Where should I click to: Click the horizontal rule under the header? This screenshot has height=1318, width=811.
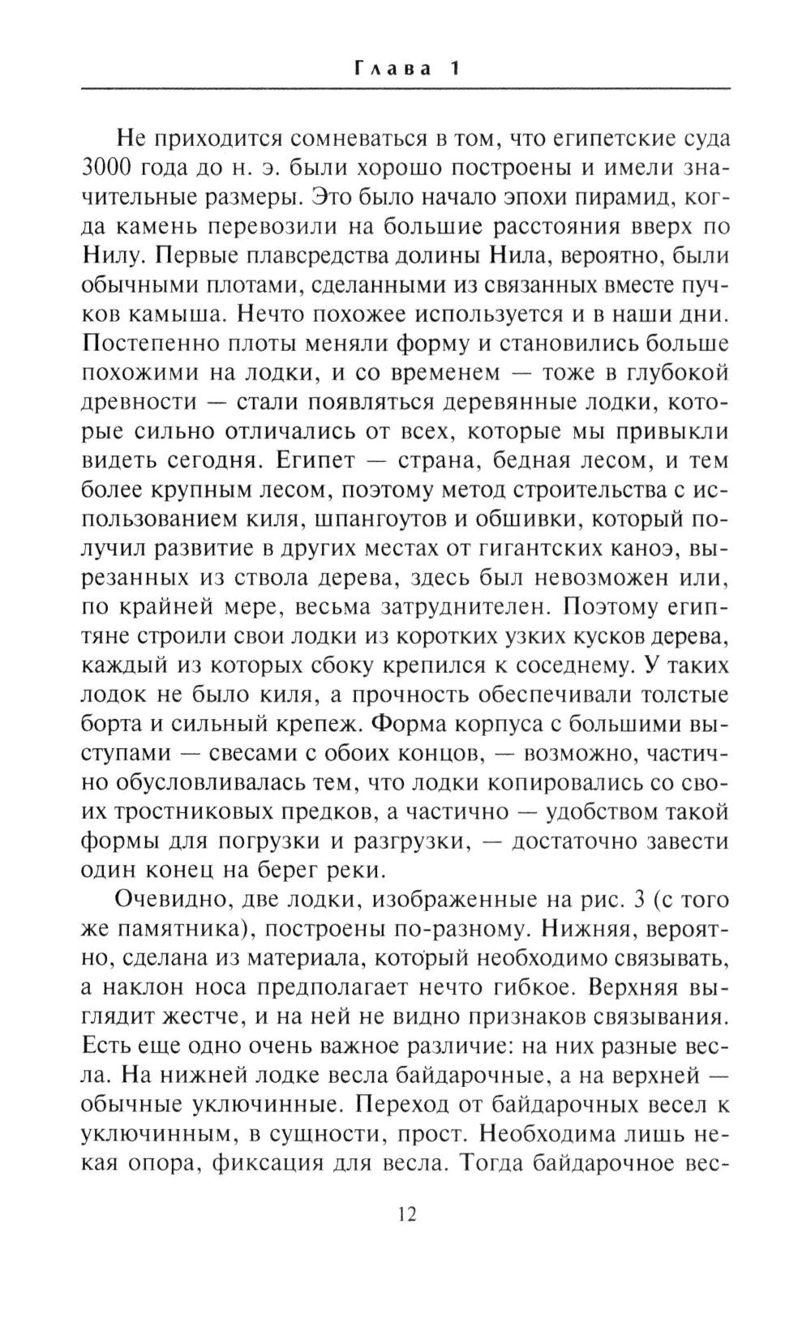tap(406, 88)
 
